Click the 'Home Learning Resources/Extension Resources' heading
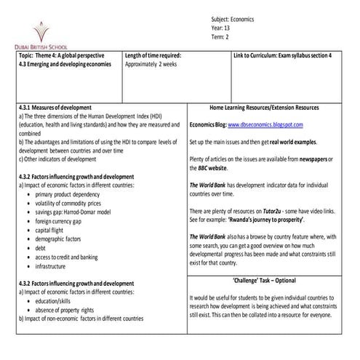(264, 107)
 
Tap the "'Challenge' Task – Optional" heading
(264, 281)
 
